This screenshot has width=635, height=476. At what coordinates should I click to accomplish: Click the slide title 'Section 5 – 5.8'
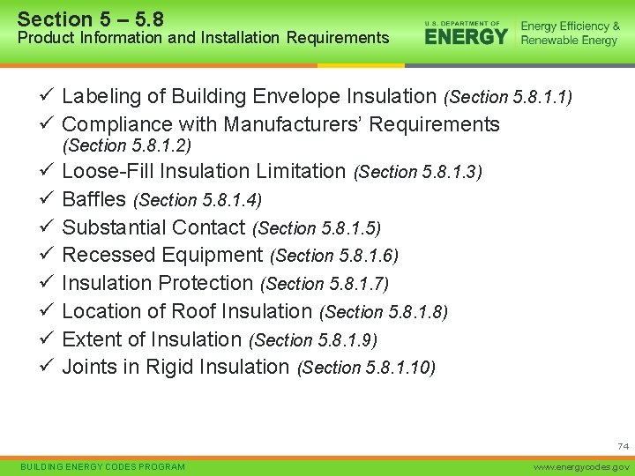[91, 18]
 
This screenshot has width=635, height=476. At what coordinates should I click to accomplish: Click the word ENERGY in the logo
[467, 36]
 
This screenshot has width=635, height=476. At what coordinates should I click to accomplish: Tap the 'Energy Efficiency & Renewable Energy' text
[570, 33]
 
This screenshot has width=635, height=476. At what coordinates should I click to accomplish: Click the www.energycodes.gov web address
[585, 466]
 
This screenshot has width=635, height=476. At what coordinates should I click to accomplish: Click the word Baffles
[94, 199]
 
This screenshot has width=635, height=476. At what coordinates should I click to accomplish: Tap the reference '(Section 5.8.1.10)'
[367, 368]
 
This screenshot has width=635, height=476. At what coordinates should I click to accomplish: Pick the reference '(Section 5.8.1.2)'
[128, 145]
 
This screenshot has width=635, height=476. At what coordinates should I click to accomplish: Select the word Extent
[93, 339]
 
